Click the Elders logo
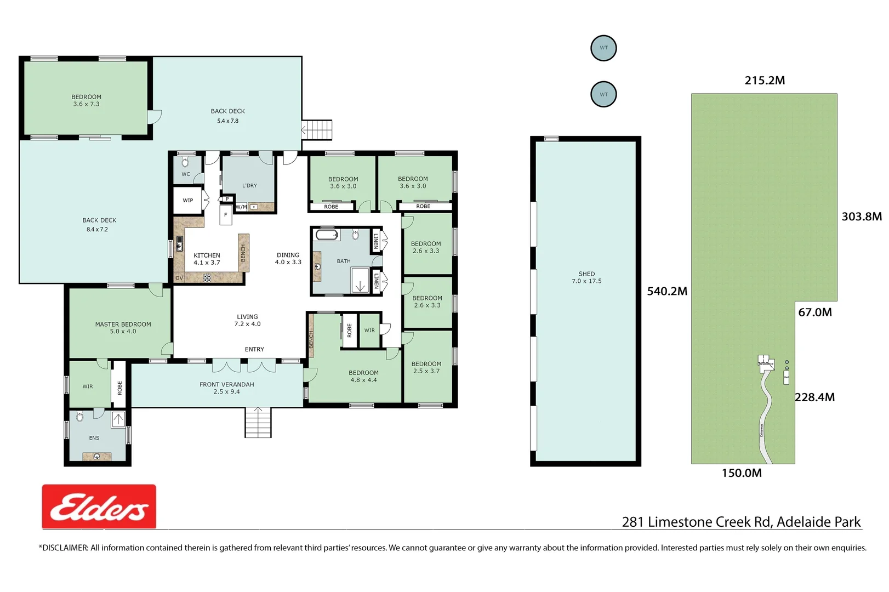point(99,506)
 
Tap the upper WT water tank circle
point(603,48)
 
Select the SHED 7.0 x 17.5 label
point(586,277)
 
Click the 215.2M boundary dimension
point(764,81)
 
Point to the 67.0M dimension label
point(814,312)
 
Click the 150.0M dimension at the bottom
point(741,473)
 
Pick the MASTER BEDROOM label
point(123,328)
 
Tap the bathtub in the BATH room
point(327,235)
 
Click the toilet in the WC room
point(185,162)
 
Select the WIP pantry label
point(187,201)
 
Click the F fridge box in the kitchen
point(225,215)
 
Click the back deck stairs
point(317,130)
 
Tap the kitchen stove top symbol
point(207,278)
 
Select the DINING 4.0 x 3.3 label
point(288,259)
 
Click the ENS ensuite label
point(94,438)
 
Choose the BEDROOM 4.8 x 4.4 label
point(363,376)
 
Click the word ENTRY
point(254,349)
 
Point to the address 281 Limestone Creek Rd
point(741,522)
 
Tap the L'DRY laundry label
point(249,186)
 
